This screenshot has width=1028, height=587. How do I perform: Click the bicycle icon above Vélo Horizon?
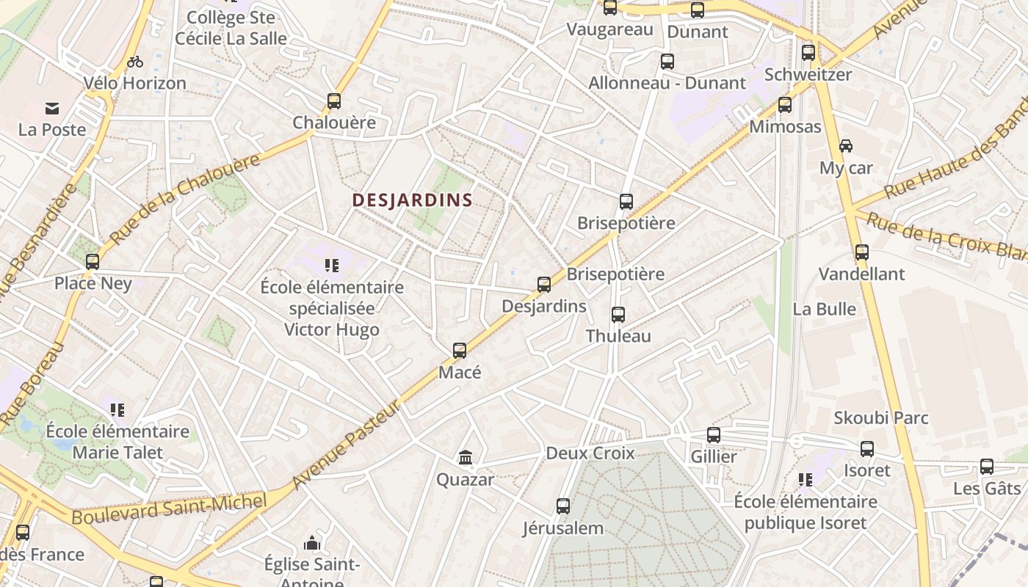click(x=135, y=62)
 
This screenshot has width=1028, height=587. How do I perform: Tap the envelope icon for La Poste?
click(x=52, y=109)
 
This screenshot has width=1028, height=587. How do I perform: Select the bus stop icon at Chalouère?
click(x=334, y=101)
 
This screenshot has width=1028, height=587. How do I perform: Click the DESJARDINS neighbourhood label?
click(x=412, y=200)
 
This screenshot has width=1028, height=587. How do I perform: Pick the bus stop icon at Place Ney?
click(x=93, y=262)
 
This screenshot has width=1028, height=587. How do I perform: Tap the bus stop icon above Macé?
click(x=460, y=351)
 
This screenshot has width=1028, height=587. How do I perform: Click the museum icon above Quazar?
click(x=465, y=458)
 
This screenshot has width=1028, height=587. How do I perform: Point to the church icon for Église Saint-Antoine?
click(x=313, y=544)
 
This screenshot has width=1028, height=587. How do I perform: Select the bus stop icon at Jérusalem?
click(x=563, y=506)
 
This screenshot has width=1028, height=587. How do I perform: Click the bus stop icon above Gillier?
click(x=714, y=435)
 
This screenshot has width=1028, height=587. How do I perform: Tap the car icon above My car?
click(x=846, y=146)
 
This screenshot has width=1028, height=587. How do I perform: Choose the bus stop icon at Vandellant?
click(x=862, y=252)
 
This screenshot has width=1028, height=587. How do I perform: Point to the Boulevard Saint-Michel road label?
click(x=168, y=508)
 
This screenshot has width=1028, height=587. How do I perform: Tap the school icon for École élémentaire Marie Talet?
click(x=117, y=409)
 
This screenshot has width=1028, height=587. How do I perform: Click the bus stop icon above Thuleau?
click(x=618, y=315)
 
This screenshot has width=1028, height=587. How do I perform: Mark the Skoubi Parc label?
click(x=881, y=418)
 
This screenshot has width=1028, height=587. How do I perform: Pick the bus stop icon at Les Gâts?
click(x=987, y=467)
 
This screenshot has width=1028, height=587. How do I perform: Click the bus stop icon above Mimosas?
click(x=785, y=105)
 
